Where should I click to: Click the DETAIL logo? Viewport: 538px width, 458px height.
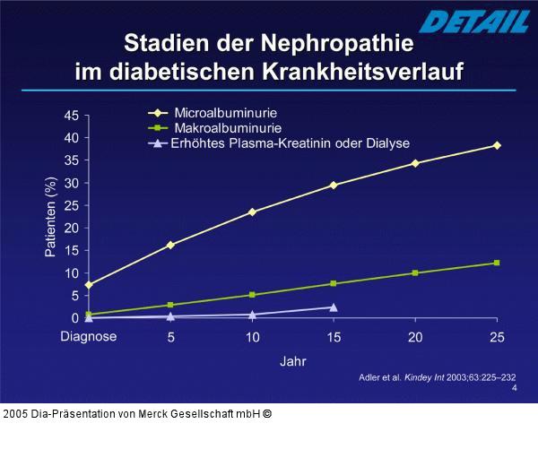(x=465, y=21)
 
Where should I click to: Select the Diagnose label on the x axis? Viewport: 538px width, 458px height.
(x=88, y=337)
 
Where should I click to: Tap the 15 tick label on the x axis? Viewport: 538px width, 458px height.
(x=334, y=337)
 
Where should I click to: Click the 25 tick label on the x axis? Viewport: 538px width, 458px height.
(x=496, y=337)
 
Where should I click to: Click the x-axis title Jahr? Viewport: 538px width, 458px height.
(x=292, y=361)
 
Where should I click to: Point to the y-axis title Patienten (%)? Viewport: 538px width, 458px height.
(x=50, y=217)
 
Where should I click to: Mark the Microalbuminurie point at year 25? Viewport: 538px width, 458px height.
(x=497, y=145)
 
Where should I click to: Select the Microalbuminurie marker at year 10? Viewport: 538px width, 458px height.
(x=252, y=212)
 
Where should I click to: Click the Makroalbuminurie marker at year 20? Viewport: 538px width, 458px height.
(x=414, y=272)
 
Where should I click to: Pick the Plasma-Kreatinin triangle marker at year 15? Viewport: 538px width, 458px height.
(x=334, y=307)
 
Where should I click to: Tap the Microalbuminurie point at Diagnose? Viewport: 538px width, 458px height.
(x=88, y=285)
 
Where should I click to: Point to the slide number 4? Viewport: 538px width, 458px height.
(x=514, y=388)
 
